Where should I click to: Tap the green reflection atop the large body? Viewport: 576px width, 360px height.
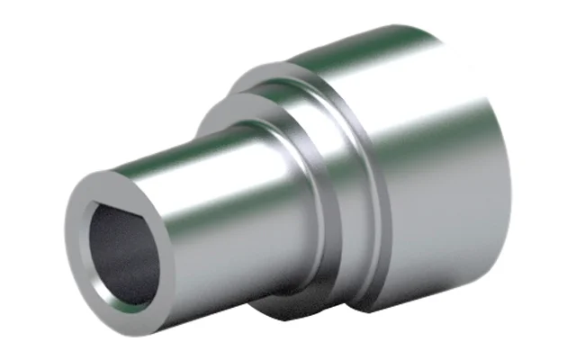[x=378, y=45]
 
